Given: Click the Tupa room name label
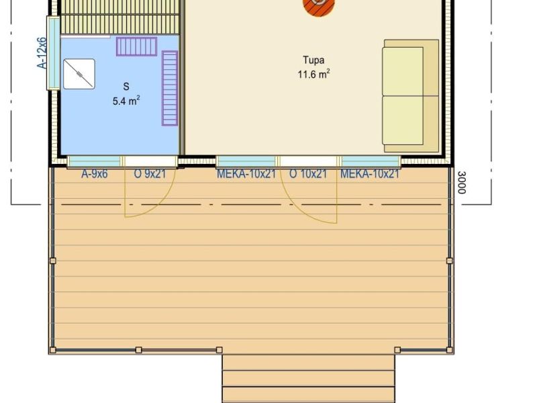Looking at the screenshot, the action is (x=313, y=60).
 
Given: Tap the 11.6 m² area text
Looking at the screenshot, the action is (x=313, y=74).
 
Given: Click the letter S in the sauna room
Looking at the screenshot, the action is (x=126, y=87).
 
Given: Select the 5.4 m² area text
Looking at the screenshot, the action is (x=126, y=101).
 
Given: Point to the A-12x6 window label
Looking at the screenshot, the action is (x=42, y=53).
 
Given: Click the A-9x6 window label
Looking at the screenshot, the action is (x=95, y=174).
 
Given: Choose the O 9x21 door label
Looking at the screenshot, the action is (x=150, y=174).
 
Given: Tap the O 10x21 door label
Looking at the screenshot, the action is (x=308, y=174).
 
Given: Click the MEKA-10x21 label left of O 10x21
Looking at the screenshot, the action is (x=246, y=174).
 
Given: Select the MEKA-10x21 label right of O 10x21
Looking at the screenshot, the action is (x=370, y=174).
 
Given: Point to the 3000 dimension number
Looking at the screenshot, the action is (x=462, y=183).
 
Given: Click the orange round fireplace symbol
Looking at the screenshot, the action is (x=318, y=6).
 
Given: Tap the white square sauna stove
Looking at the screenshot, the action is (x=79, y=74).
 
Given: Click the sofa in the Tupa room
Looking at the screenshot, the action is (x=411, y=96).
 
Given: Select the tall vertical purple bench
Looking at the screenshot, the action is (x=170, y=89).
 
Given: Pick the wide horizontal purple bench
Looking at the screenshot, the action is (x=137, y=46).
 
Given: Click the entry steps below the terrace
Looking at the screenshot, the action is (x=309, y=379).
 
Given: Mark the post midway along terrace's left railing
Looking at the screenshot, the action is (x=53, y=261).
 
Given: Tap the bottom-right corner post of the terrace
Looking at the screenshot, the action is (x=450, y=350).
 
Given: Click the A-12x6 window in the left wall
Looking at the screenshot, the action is (x=53, y=53).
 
